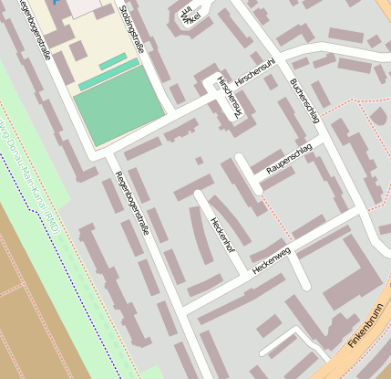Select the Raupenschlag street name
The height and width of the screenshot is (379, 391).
(x=289, y=160)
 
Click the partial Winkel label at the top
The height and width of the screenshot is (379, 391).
(x=189, y=16)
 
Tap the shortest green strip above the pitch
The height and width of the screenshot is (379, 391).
(x=113, y=61)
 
